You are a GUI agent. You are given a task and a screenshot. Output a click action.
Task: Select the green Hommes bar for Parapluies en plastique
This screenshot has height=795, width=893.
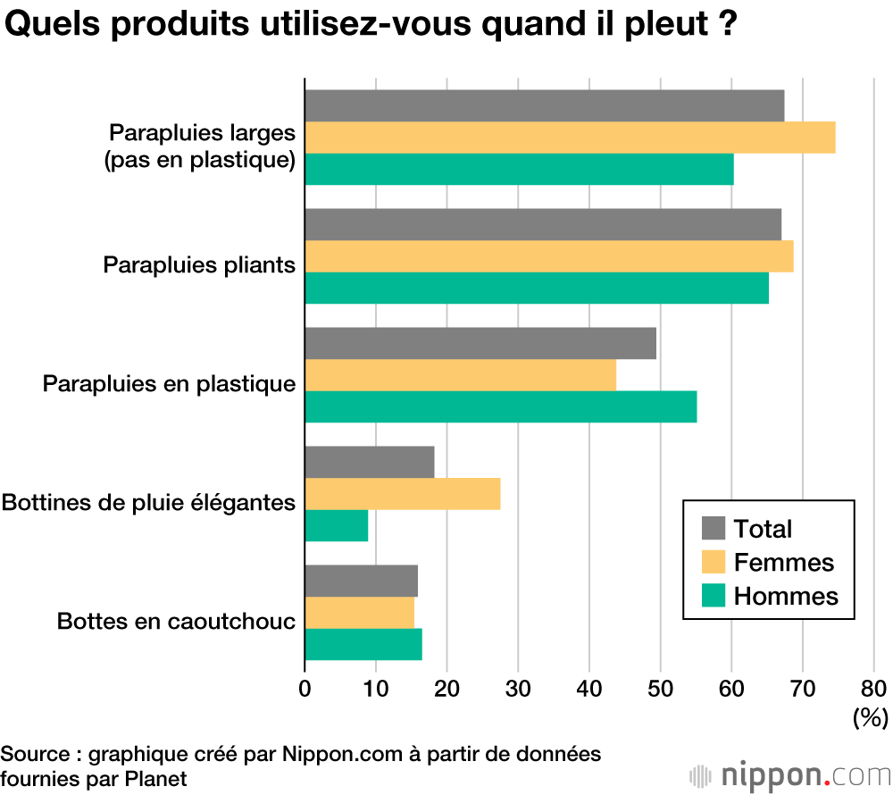tap(500, 406)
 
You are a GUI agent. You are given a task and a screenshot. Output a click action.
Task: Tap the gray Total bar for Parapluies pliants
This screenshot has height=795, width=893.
tap(543, 224)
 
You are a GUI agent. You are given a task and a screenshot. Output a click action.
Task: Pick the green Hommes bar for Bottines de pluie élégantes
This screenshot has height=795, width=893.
tap(337, 525)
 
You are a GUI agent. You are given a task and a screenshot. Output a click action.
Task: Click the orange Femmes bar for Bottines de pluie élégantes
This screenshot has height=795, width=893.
tap(403, 494)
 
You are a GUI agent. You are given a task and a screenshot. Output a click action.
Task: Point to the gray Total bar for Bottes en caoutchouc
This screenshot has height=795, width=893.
tap(362, 581)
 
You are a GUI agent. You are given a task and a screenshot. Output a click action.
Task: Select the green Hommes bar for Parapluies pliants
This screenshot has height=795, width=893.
tap(537, 288)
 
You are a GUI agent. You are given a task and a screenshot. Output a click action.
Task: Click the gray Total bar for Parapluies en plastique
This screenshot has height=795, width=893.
tap(480, 343)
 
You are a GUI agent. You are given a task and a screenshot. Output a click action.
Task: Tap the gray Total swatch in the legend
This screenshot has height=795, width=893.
tap(714, 528)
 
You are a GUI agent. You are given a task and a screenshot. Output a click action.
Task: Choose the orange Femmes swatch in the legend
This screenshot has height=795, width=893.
tap(714, 562)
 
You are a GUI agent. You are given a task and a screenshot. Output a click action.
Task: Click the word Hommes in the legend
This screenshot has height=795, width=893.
tap(786, 596)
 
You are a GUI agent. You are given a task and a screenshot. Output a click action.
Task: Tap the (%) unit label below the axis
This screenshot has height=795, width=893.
tap(869, 716)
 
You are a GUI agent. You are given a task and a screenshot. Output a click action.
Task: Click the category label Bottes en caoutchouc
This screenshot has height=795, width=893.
tap(176, 621)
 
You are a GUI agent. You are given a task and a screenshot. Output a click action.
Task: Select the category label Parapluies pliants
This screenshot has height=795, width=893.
tap(199, 265)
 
